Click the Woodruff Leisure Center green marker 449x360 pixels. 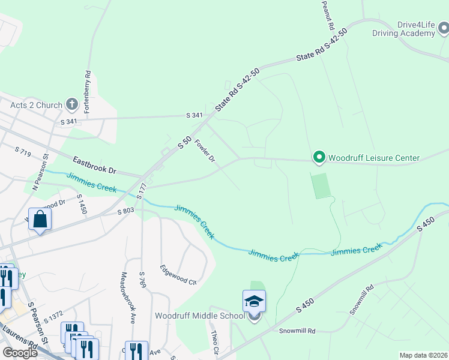click(319, 158)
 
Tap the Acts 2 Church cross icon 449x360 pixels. click(71, 105)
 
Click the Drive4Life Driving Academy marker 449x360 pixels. click(442, 28)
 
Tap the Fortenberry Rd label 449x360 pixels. click(88, 86)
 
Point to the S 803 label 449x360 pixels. click(125, 211)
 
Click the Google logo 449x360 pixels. click(20, 353)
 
